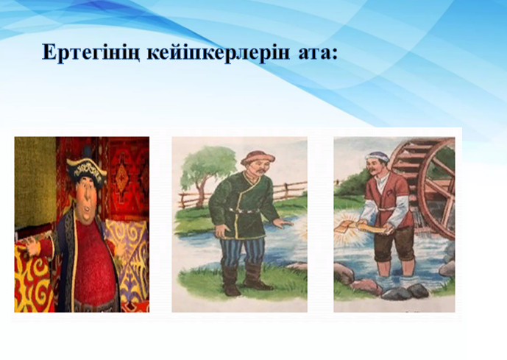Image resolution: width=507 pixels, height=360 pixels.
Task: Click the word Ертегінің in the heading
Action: point(91,52)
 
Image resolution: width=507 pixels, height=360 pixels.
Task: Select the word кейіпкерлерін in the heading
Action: point(219,52)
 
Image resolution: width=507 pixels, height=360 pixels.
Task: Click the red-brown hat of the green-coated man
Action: point(258,158)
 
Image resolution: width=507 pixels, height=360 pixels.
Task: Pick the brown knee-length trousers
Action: point(394,243)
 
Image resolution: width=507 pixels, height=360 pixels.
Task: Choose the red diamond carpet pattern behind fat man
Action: point(122,176)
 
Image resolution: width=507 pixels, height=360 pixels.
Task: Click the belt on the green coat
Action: point(245,211)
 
